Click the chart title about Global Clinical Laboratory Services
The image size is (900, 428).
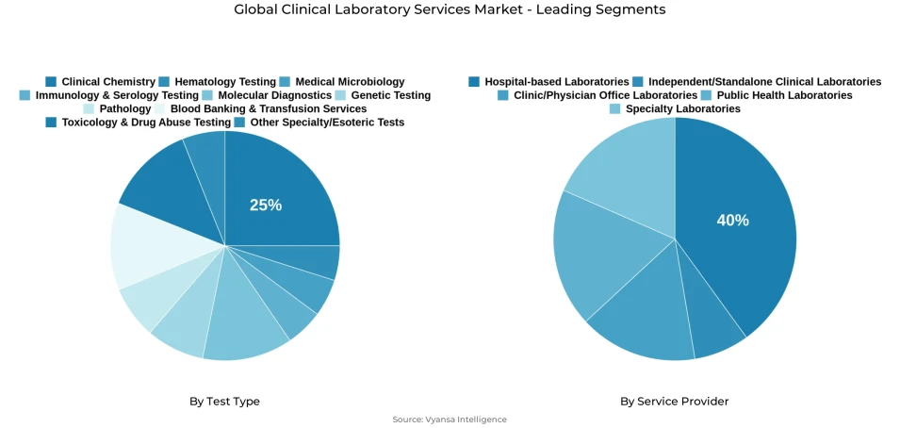tap(450, 10)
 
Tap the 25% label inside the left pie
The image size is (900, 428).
tap(266, 205)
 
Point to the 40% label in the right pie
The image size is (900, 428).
tap(732, 220)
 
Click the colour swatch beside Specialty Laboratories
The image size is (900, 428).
tap(615, 109)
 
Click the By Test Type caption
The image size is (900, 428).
tap(224, 402)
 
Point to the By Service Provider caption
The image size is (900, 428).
tap(674, 402)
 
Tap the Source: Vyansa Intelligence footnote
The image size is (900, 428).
tap(450, 420)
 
